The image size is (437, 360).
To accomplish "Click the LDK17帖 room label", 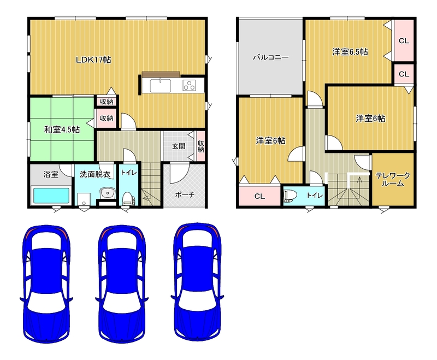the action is [93, 60].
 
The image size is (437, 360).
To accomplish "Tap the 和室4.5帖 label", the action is [62, 129].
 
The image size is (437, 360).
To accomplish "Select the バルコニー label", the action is [270, 57].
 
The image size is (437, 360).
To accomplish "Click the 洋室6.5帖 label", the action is [350, 52].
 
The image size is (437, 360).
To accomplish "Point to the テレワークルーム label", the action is [393, 179].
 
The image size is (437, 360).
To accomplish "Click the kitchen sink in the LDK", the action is [161, 86].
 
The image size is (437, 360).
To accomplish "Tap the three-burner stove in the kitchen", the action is [189, 85].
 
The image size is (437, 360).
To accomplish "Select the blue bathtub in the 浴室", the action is [51, 196].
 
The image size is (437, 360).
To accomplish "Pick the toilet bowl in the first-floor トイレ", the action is [128, 198].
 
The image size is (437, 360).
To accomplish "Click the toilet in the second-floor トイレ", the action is [289, 196].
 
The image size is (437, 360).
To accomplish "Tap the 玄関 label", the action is [179, 146].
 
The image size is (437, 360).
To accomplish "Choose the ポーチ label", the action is [185, 195].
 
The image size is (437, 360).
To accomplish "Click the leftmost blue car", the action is [46, 283].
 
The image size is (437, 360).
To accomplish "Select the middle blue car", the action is [122, 284].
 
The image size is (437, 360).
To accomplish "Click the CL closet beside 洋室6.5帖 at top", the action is [404, 40].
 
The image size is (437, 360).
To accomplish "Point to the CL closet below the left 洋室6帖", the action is [259, 196].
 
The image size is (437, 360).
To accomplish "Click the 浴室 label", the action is [51, 174].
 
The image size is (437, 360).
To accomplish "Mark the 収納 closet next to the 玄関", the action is [200, 146].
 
